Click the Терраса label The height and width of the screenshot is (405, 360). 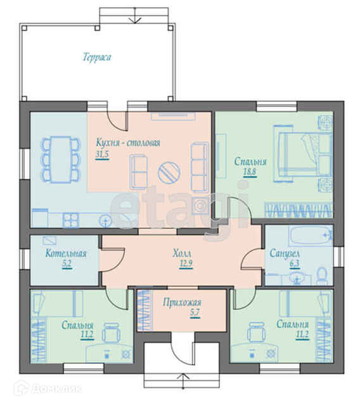tap(97, 57)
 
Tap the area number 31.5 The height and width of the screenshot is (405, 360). tap(102, 154)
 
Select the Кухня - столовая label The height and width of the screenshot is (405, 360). tap(128, 143)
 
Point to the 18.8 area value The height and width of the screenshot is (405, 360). tap(250, 172)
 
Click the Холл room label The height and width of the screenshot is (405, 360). tap(182, 253)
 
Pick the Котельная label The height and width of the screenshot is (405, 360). tap(66, 254)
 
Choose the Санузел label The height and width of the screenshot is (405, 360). tap(285, 254)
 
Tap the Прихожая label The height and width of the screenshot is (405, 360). tap(182, 302)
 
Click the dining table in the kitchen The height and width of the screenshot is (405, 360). tap(61, 159)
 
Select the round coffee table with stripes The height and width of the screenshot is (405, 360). tap(169, 173)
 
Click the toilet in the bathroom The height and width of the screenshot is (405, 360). tap(322, 276)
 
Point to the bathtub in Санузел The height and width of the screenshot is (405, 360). tap(311, 235)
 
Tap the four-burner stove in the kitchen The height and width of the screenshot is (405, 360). tap(70, 220)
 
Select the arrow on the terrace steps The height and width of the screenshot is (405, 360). tap(134, 15)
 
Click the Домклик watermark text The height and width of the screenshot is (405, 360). tap(56, 389)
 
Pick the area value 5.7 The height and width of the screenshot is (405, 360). tap(195, 312)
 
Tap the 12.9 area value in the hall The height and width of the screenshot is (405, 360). tap(186, 264)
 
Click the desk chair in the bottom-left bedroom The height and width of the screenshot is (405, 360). tap(111, 332)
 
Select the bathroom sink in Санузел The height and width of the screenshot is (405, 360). tap(297, 278)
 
